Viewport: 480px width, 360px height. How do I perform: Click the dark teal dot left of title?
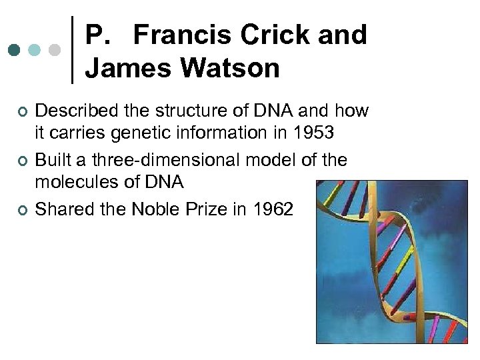pos(15,50)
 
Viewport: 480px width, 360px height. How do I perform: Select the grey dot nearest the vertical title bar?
pos(56,50)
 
